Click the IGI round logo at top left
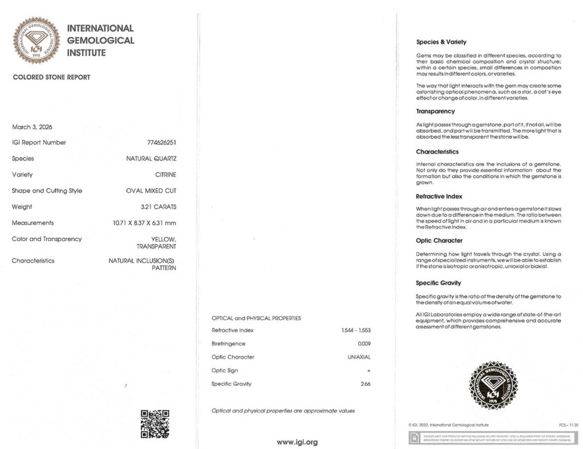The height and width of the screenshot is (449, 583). tap(36, 40)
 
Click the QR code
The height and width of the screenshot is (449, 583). tap(155, 423)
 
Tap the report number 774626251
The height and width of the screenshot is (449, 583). tap(162, 142)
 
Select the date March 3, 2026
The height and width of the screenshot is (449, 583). tap(32, 126)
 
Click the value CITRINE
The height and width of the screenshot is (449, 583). tap(165, 174)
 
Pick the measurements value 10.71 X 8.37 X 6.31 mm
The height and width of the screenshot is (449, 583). tap(145, 223)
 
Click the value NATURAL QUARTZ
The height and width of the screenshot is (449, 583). tap(151, 158)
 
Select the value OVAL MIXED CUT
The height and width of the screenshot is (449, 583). tap(151, 190)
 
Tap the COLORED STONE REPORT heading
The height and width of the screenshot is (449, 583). tap(51, 77)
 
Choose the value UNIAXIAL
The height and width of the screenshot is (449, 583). tap(359, 357)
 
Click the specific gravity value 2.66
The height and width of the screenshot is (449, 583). tap(365, 384)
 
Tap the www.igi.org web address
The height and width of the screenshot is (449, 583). tap(297, 442)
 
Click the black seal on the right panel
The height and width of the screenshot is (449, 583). tap(493, 386)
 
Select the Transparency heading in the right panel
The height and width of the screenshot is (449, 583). tap(436, 111)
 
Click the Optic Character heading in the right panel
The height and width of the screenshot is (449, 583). tap(439, 240)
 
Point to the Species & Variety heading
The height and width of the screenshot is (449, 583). tap(441, 42)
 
